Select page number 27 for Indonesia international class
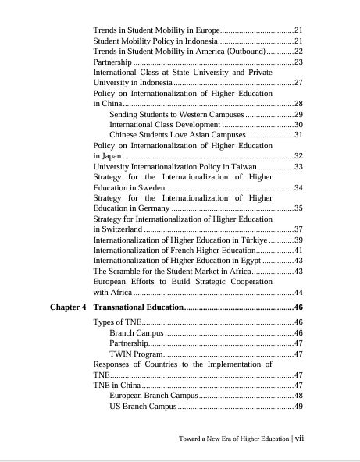click(298, 82)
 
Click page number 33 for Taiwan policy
click(298, 167)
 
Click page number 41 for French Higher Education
click(298, 250)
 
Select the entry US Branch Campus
click(143, 407)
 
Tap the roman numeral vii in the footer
click(299, 439)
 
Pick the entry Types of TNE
click(117, 322)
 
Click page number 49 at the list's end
click(298, 407)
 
